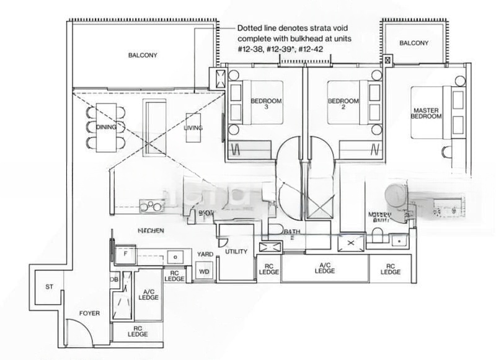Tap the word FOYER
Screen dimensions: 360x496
(x=89, y=314)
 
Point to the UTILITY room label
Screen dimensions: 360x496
(x=237, y=252)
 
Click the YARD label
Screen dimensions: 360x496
(x=205, y=254)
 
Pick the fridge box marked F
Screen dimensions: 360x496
(x=125, y=253)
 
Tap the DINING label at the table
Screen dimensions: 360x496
(x=107, y=127)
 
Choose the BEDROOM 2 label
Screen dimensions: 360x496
(x=343, y=104)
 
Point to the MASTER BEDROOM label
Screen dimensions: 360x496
(x=427, y=113)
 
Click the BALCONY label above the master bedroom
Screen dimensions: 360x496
(x=414, y=43)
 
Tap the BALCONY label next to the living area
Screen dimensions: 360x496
(x=143, y=55)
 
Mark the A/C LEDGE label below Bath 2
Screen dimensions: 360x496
(x=324, y=268)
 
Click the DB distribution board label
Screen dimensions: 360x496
(x=115, y=279)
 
